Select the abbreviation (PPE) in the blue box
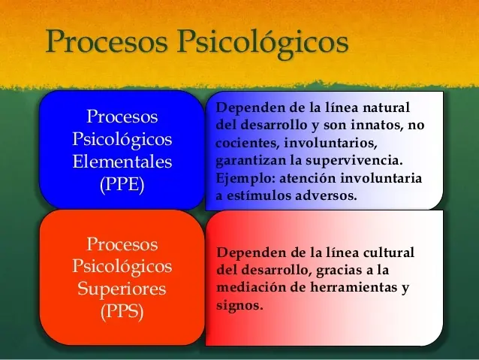click(122, 184)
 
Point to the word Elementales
click(122, 162)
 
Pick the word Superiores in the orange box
click(122, 289)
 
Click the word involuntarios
click(326, 143)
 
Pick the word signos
click(239, 306)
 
